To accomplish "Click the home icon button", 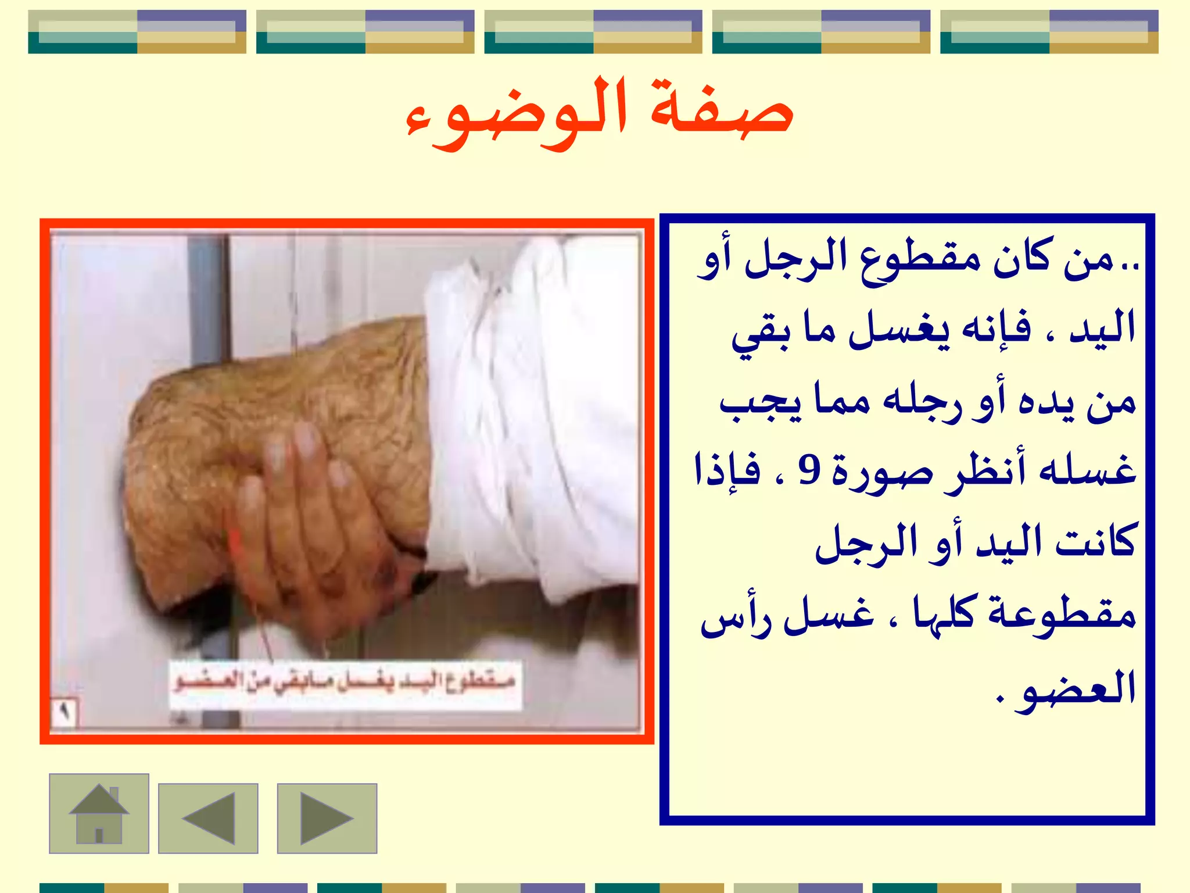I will pos(99,813).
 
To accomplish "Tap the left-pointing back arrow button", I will pos(208,818).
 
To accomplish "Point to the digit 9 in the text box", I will pos(809,470).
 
